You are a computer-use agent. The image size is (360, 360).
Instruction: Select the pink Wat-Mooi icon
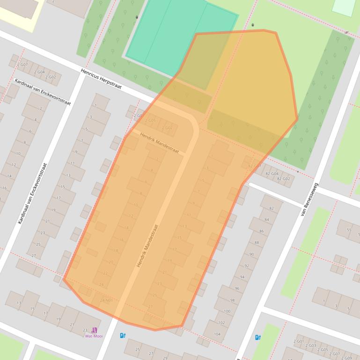pos(95,330)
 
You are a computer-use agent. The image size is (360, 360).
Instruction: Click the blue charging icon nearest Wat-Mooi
pos(123,335)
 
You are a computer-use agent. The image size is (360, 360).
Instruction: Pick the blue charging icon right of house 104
pos(257,337)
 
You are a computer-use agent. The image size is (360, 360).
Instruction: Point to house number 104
pos(217,334)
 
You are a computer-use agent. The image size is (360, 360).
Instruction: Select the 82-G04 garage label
pos(272,173)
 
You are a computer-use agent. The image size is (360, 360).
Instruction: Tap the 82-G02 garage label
pos(283,179)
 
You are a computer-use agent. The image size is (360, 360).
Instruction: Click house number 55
pos(349,230)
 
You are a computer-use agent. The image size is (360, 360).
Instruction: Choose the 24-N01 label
pos(106,300)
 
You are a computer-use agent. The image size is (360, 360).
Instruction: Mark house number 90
pos(251,254)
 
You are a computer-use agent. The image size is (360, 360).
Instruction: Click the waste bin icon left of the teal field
pos(136,17)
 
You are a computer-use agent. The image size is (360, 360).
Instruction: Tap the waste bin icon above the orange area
pos(253,25)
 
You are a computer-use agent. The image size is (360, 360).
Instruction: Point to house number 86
pos(261,231)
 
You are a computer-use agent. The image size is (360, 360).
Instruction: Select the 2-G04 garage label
pos(39,72)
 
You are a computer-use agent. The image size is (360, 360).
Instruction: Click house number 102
pos(221,323)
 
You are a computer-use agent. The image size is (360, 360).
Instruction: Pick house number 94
pos(242,277)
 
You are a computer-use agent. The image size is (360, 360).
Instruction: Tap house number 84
pos(266,220)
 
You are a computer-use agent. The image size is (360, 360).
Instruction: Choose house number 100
pos(227,311)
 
